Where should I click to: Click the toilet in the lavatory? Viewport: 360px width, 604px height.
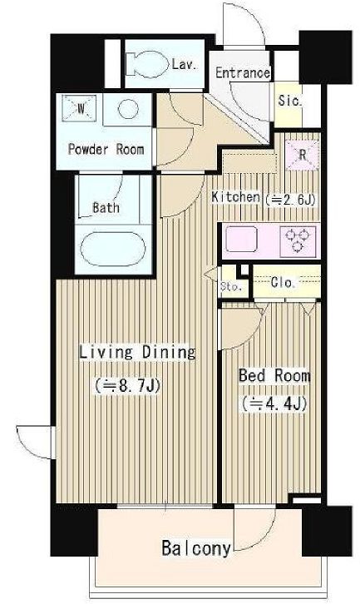tap(147, 64)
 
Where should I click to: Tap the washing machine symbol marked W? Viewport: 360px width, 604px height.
tap(80, 108)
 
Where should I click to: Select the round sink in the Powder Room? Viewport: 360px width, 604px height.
tap(128, 109)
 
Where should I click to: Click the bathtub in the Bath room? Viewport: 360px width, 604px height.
tap(113, 249)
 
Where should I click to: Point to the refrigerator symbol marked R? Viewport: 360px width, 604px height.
tap(303, 155)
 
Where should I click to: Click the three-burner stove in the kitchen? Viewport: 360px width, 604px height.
tap(298, 241)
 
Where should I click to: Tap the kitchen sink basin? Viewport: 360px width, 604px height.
tap(241, 240)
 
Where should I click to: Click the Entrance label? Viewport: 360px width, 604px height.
tap(242, 72)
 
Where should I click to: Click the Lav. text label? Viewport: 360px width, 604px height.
tap(185, 64)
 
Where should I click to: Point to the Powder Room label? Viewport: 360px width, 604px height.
tap(106, 149)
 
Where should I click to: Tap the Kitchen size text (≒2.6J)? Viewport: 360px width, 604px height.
tap(291, 199)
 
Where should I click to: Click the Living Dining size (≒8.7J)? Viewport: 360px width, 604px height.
tap(127, 385)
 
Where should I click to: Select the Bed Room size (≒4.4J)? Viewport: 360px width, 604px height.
tap(274, 404)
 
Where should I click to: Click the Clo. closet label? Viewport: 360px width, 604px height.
tap(283, 283)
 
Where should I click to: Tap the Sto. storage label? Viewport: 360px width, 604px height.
tap(231, 286)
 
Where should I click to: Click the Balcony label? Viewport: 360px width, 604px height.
tap(196, 548)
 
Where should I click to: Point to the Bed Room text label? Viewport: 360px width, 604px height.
tap(274, 375)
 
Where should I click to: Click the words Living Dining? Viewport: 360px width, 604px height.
tap(137, 353)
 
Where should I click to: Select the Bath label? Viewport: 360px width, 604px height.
tap(106, 208)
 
